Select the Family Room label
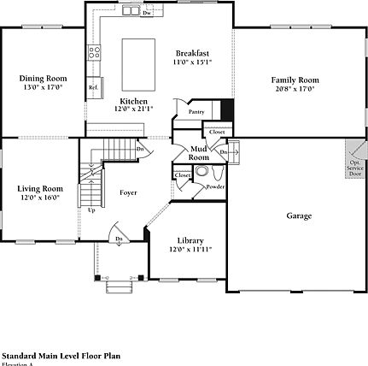[295, 80]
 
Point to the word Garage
[298, 215]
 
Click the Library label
[190, 240]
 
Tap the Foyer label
[128, 192]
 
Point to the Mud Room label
[198, 153]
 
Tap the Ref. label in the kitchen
[93, 87]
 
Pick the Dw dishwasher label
[148, 14]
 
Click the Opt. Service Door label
[354, 167]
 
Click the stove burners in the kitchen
[95, 50]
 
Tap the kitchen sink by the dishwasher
[131, 11]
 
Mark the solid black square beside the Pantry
[226, 110]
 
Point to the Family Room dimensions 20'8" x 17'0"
[295, 88]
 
